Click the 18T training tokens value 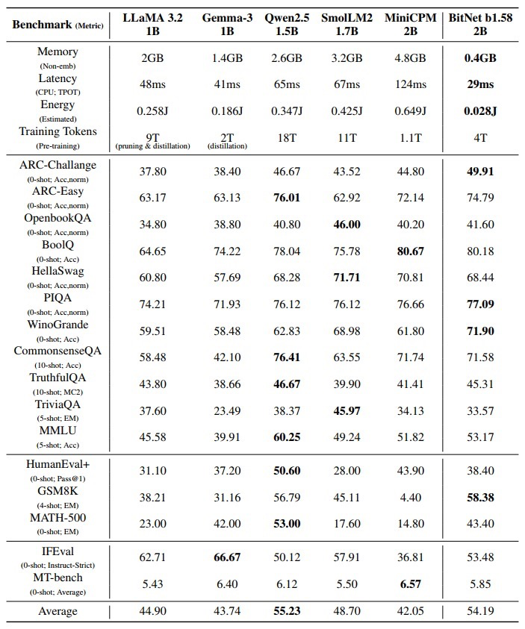282,138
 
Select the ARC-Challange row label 57,164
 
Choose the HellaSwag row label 57,271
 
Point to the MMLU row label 57,431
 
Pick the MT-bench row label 57,577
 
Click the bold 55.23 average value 282,611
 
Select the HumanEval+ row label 57,463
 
